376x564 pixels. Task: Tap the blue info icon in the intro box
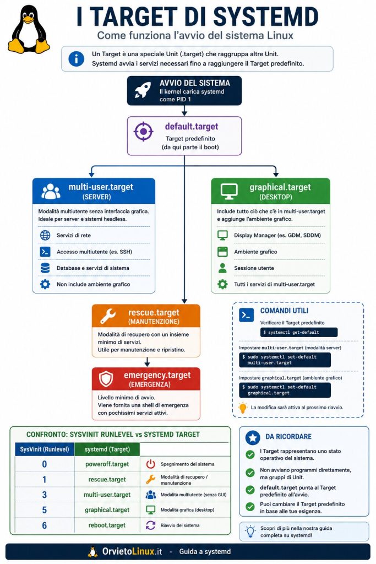[76, 58]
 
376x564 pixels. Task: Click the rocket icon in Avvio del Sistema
[143, 90]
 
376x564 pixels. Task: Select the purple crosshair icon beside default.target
[144, 132]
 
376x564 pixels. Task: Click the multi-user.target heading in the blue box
[101, 187]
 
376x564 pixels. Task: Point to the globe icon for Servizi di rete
[45, 235]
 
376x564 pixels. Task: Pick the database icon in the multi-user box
[45, 268]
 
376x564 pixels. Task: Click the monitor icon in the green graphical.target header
[229, 191]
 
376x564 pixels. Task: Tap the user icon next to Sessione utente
[222, 268]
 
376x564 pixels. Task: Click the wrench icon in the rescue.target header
[108, 316]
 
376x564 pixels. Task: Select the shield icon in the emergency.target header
[106, 379]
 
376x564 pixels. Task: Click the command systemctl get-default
[299, 332]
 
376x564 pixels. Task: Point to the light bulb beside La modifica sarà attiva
[243, 408]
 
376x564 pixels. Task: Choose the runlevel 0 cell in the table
[44, 464]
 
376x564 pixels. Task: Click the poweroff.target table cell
[107, 464]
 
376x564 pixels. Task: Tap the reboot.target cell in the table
[107, 525]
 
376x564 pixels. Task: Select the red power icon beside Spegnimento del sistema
[151, 464]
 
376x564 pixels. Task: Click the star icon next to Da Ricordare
[253, 437]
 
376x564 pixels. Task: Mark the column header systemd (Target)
[107, 449]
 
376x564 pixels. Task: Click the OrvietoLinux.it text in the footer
[132, 551]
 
